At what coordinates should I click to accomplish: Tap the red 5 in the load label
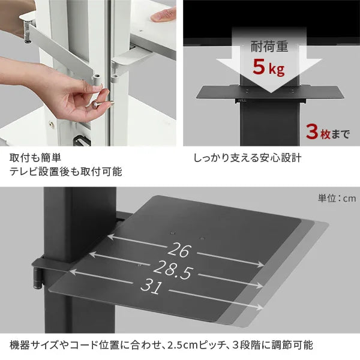coord(259,67)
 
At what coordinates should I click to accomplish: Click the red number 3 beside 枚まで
coord(312,131)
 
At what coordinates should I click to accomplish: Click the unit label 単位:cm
coord(337,198)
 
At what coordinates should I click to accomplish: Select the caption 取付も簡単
coord(35,158)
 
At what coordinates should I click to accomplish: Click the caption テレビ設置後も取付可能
coord(66,172)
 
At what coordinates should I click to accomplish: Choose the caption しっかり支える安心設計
coord(247,158)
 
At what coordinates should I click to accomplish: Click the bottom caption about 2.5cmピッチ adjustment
coord(161,346)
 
